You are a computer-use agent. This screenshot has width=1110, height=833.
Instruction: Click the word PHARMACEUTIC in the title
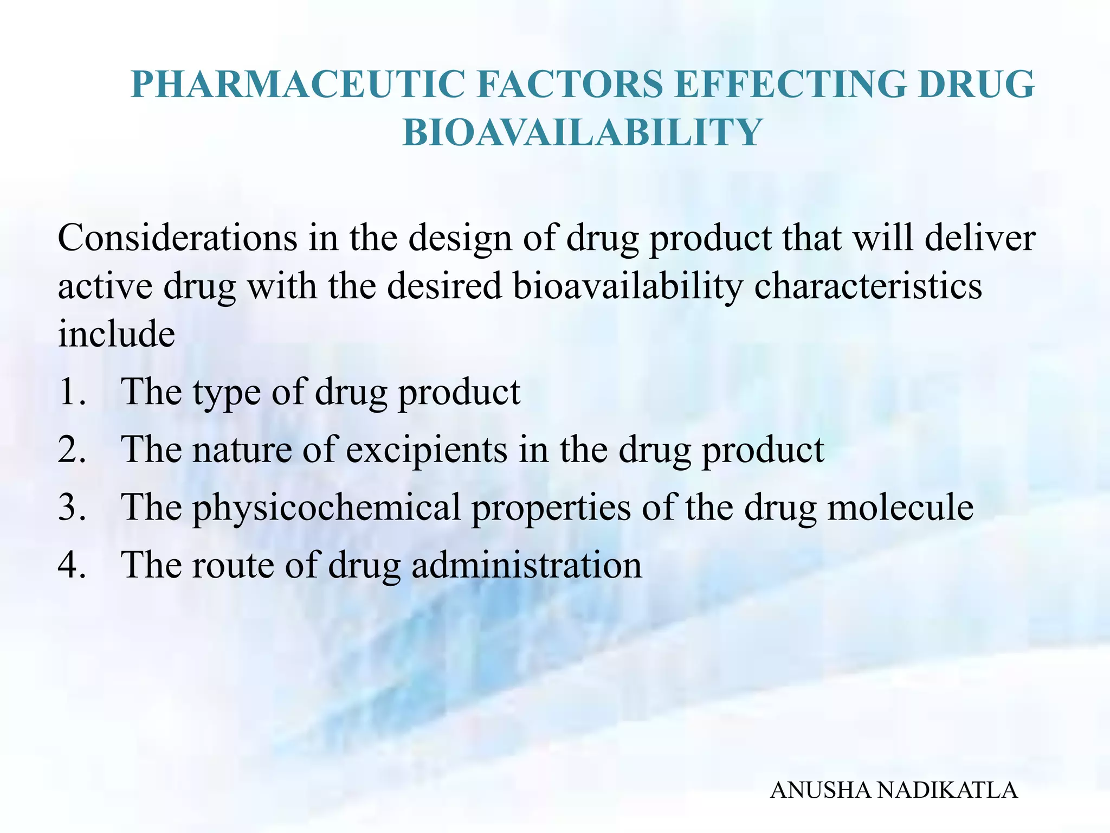tap(298, 84)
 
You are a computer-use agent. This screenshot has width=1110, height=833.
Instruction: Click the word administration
tap(526, 566)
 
